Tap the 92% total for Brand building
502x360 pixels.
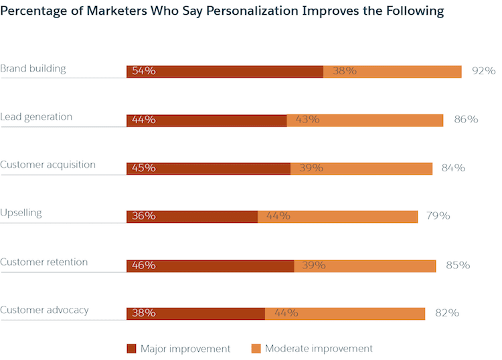pyautogui.click(x=483, y=71)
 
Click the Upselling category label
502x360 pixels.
pyautogui.click(x=21, y=213)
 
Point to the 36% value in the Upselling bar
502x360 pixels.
pyautogui.click(x=144, y=216)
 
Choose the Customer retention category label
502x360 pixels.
pyautogui.click(x=44, y=262)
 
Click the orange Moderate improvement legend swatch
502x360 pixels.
pyautogui.click(x=256, y=349)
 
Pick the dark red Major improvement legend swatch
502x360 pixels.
pyautogui.click(x=131, y=349)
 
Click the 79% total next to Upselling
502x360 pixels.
pyautogui.click(x=438, y=216)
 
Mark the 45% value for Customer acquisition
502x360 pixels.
pyautogui.click(x=144, y=168)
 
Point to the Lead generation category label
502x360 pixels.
pyautogui.click(x=36, y=117)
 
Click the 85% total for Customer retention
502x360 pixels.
pyautogui.click(x=457, y=265)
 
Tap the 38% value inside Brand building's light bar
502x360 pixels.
pyautogui.click(x=344, y=71)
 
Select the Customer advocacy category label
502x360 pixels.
pyautogui.click(x=44, y=310)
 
